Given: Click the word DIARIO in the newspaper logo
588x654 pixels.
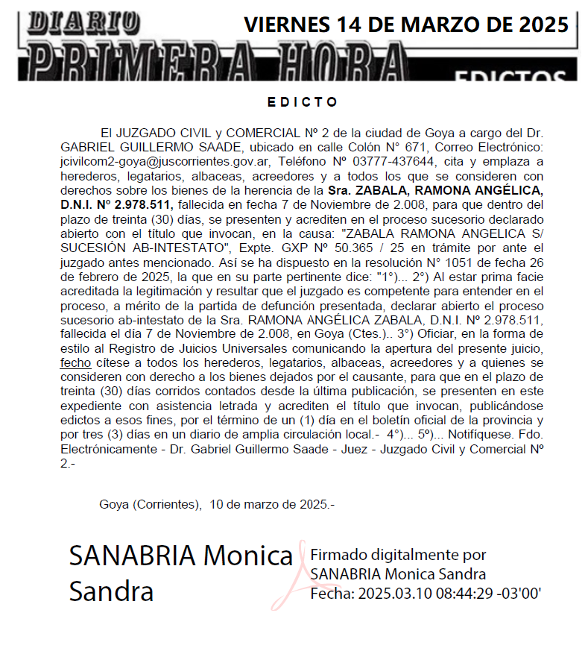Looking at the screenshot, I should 83,21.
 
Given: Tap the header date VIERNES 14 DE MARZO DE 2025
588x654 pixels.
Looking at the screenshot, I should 405,25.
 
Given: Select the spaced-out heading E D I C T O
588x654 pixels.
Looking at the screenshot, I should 301,101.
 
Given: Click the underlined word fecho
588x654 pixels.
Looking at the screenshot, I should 75,362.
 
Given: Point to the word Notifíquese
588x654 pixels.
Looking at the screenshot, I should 469,434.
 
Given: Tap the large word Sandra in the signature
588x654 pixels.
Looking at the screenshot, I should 111,591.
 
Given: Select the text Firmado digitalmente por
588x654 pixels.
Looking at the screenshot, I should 398,556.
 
